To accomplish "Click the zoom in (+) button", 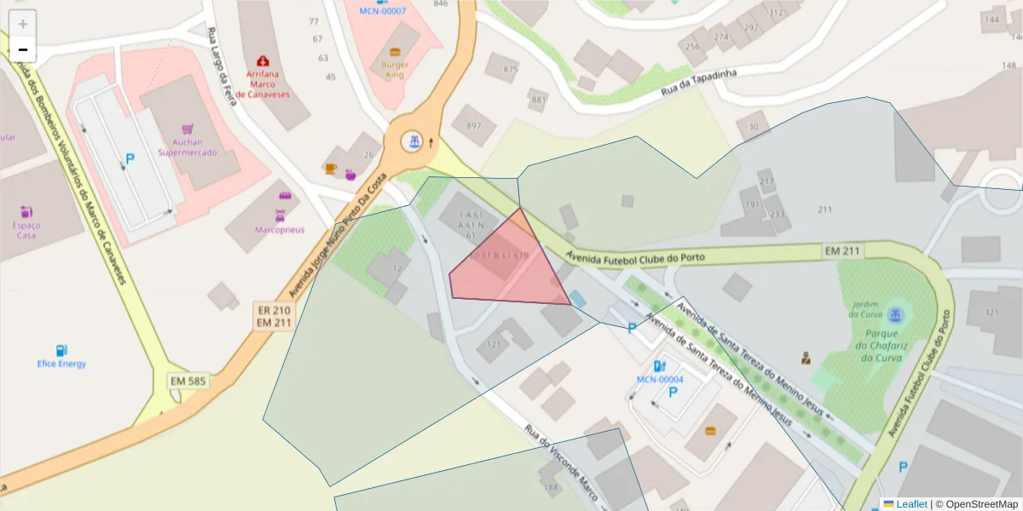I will tap(23, 24).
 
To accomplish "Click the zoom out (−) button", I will tap(23, 49).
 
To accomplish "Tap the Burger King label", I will tap(395, 70).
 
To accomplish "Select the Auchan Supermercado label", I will tap(188, 147).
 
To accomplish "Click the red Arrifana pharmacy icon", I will tap(263, 61).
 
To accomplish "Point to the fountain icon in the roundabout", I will tap(413, 141).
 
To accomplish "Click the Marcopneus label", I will tap(280, 230).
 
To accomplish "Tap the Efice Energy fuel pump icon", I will tap(61, 350).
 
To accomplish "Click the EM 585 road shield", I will tap(188, 381).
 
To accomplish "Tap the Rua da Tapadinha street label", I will tap(698, 83).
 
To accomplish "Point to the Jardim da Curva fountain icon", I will tap(894, 314).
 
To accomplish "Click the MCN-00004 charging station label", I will tap(660, 379).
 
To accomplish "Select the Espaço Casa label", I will tap(26, 230).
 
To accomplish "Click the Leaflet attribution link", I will tap(905, 504).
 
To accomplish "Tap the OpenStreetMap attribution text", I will tap(980, 504).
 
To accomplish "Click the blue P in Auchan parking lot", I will tap(130, 158).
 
